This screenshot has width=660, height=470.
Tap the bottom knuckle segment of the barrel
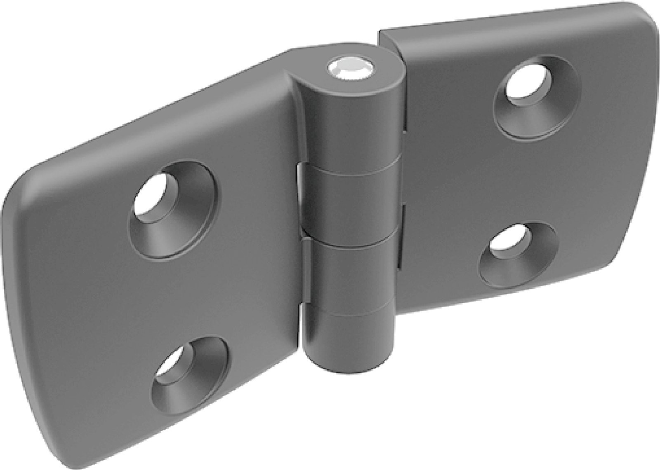coord(349,280)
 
